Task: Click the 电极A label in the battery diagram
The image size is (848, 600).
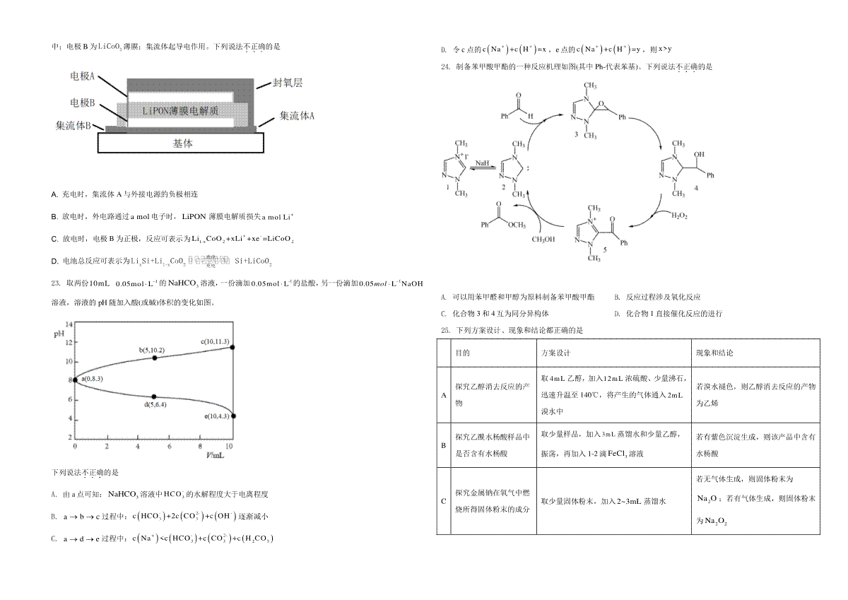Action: (x=83, y=76)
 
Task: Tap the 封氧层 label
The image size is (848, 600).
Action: (x=288, y=83)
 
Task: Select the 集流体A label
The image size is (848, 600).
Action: (x=297, y=115)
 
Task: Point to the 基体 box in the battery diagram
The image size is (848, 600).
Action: (x=182, y=143)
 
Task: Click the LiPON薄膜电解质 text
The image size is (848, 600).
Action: (x=180, y=111)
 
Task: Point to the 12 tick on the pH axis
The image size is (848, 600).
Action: (x=69, y=342)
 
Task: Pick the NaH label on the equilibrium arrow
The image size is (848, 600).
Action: (x=482, y=163)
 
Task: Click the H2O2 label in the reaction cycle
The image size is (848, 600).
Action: (x=679, y=215)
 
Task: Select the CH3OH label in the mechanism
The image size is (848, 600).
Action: (x=543, y=239)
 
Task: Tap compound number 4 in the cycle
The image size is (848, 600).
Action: (x=696, y=189)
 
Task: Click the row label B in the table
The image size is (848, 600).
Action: (x=444, y=445)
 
